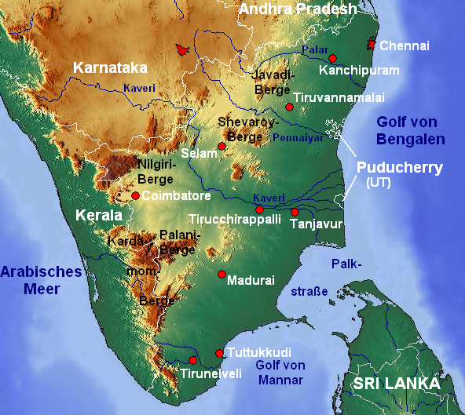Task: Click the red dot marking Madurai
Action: [x=222, y=275]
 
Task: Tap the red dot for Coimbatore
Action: [x=135, y=195]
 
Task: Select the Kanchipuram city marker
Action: [x=332, y=59]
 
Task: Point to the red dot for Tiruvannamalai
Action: [x=289, y=107]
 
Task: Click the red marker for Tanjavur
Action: [x=295, y=212]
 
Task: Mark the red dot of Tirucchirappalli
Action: [x=259, y=209]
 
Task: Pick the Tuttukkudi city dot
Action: [x=219, y=353]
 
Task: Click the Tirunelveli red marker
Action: [x=192, y=361]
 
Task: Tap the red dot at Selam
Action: [x=222, y=146]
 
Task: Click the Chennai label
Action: [x=405, y=46]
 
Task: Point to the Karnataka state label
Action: [x=109, y=68]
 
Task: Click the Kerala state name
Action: [x=98, y=215]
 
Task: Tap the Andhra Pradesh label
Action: [x=298, y=9]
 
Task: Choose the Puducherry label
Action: [x=400, y=168]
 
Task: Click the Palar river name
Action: [x=313, y=50]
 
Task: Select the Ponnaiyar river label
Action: [x=298, y=137]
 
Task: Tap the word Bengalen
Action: [x=410, y=140]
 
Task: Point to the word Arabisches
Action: [x=41, y=271]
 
